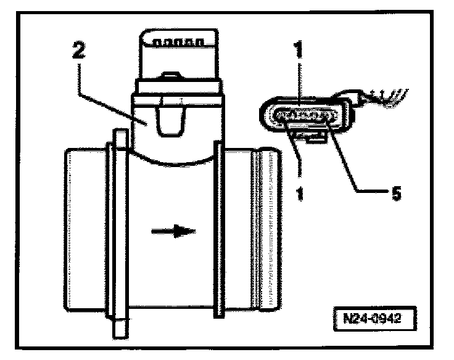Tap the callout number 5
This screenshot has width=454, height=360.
(396, 193)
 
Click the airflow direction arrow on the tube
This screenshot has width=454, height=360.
(174, 232)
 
